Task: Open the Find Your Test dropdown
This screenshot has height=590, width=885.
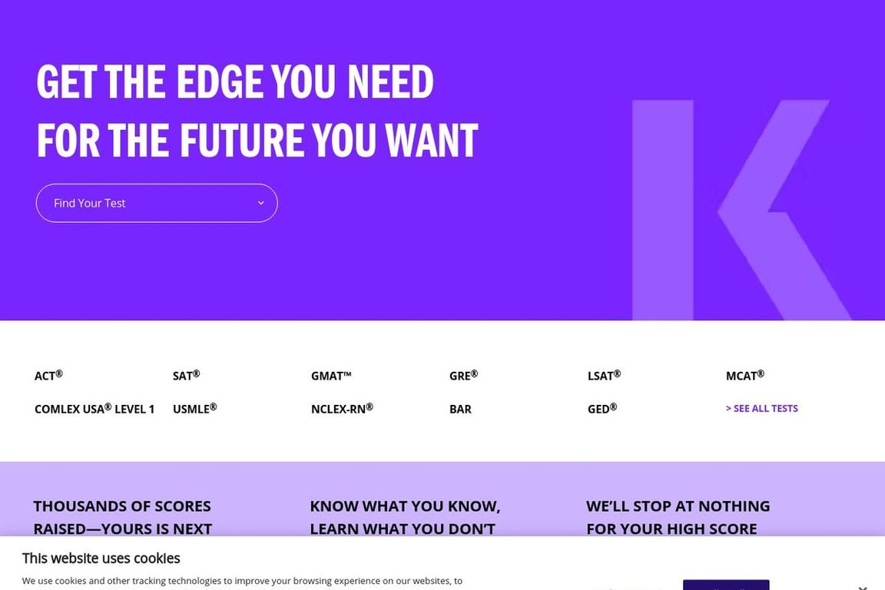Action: [156, 203]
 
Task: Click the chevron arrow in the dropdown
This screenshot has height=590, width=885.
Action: [260, 203]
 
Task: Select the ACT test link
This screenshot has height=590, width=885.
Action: [48, 376]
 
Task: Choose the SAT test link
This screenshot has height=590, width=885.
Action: [186, 376]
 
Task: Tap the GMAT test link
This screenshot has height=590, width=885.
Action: [331, 376]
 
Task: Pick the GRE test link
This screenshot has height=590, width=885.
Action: [463, 376]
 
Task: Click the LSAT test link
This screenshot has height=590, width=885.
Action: [604, 376]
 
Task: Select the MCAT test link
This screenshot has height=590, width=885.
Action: [744, 376]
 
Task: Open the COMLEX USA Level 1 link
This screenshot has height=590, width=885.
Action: [94, 409]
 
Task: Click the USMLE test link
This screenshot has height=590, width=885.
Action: [194, 409]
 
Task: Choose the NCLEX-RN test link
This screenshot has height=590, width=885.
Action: [342, 409]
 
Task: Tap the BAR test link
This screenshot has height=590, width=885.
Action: [460, 409]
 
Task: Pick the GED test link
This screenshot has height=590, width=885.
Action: [602, 409]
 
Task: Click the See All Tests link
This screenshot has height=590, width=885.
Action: [762, 409]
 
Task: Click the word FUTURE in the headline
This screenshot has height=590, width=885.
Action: [241, 140]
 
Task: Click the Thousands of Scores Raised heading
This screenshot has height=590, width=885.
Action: [122, 517]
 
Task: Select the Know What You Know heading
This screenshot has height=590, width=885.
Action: [405, 517]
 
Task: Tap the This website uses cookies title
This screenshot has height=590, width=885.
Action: [101, 559]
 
